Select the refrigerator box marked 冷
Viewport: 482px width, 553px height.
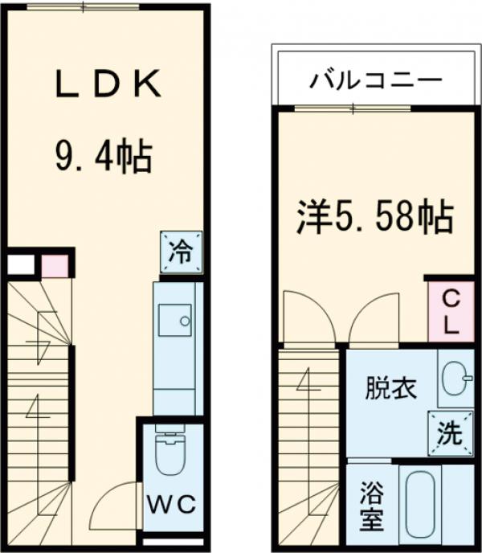(180, 252)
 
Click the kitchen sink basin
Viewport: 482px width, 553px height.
(173, 321)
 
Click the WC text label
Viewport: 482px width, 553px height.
(170, 505)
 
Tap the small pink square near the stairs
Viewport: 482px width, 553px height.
(54, 264)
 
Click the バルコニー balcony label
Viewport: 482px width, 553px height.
(374, 81)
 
